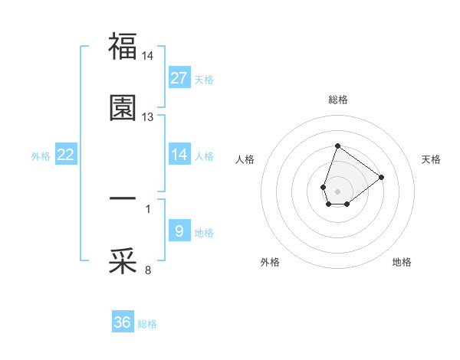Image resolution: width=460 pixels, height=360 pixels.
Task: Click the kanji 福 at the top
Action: point(123,46)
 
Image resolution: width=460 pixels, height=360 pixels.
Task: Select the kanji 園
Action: point(123,108)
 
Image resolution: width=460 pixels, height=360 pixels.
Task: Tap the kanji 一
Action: point(123,198)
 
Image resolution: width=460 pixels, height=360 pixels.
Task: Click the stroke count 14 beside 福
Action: point(148,56)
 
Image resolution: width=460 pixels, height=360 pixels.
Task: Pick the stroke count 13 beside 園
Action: point(148,117)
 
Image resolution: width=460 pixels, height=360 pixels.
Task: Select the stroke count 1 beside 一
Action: point(148,208)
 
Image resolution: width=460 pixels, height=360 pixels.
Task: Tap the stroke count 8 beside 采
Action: point(148,270)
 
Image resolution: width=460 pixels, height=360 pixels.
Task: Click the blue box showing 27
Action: point(179,78)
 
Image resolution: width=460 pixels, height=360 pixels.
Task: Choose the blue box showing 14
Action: point(179,155)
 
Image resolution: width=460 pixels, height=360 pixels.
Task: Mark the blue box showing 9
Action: point(179,231)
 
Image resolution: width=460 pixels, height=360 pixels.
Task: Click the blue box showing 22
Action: point(66,155)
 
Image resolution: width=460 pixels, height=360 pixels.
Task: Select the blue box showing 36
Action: point(123,322)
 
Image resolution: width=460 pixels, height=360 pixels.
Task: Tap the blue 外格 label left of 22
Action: point(41,155)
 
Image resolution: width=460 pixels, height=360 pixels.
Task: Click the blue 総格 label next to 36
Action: point(147,324)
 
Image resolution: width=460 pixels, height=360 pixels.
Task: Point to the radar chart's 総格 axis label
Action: point(337,100)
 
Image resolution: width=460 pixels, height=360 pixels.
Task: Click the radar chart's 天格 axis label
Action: point(432,159)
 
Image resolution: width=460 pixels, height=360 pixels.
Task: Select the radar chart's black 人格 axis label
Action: point(245,159)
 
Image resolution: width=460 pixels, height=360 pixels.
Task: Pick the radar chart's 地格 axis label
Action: point(402,262)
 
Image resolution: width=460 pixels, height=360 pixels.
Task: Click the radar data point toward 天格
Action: point(382,176)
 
